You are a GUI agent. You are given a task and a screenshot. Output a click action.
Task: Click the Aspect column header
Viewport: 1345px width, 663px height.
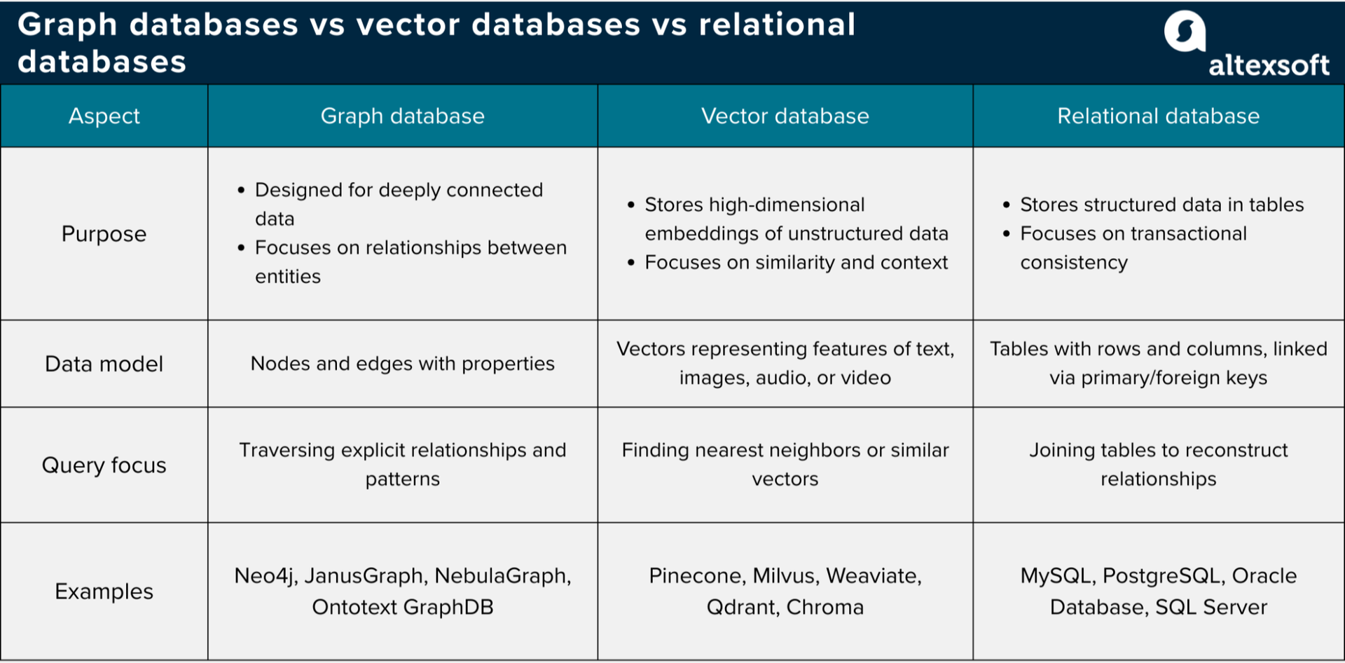[104, 116]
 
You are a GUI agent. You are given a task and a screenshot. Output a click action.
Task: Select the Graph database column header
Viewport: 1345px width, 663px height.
[402, 116]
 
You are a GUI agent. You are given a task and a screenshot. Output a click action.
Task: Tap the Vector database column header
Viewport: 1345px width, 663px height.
[785, 116]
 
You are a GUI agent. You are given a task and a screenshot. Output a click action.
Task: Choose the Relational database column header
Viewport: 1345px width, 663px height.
[1158, 116]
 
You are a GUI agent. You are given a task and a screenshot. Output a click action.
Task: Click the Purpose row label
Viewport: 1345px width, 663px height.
[104, 234]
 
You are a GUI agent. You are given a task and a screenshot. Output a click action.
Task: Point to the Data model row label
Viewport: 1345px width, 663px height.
[104, 364]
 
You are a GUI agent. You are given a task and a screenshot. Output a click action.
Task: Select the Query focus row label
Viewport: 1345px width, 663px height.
[104, 465]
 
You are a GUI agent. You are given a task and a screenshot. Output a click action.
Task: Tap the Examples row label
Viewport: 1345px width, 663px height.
[104, 592]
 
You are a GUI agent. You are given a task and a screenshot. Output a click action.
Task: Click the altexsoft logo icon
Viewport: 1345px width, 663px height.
[1185, 32]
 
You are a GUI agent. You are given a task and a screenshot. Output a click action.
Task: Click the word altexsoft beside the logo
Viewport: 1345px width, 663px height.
[1269, 65]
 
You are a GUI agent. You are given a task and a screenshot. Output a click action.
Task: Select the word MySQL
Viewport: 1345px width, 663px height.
[1056, 576]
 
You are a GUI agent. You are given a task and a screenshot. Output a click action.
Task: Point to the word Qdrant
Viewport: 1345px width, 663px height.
[741, 607]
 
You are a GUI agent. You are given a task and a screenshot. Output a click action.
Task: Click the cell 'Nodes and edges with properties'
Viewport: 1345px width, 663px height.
[402, 364]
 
